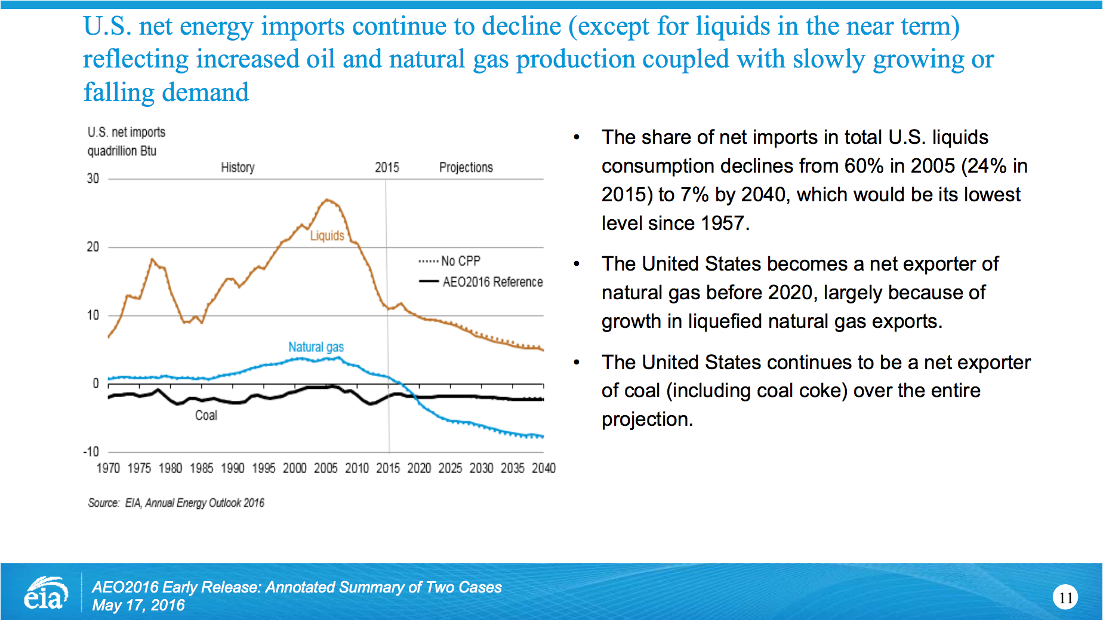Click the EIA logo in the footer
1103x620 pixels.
tap(45, 593)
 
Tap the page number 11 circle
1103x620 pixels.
tap(1065, 598)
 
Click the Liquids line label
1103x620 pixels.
tap(327, 236)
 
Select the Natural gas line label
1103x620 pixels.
tap(316, 347)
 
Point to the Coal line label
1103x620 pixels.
tap(206, 416)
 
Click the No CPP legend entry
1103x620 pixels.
tap(450, 261)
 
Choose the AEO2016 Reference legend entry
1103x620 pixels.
tap(481, 282)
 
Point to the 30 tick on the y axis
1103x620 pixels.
tap(93, 179)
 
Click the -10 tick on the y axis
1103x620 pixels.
tap(91, 452)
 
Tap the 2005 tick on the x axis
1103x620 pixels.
tap(326, 468)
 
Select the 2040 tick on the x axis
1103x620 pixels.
tap(544, 468)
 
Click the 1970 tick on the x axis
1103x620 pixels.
tap(108, 468)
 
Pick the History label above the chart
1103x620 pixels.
tap(238, 168)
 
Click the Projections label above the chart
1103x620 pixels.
tap(466, 168)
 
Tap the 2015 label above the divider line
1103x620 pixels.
tap(387, 168)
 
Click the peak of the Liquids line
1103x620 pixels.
tap(326, 199)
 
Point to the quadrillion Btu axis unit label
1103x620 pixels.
tap(122, 151)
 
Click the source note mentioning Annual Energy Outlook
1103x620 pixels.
tap(176, 503)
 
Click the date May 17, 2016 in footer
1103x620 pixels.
tap(138, 606)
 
